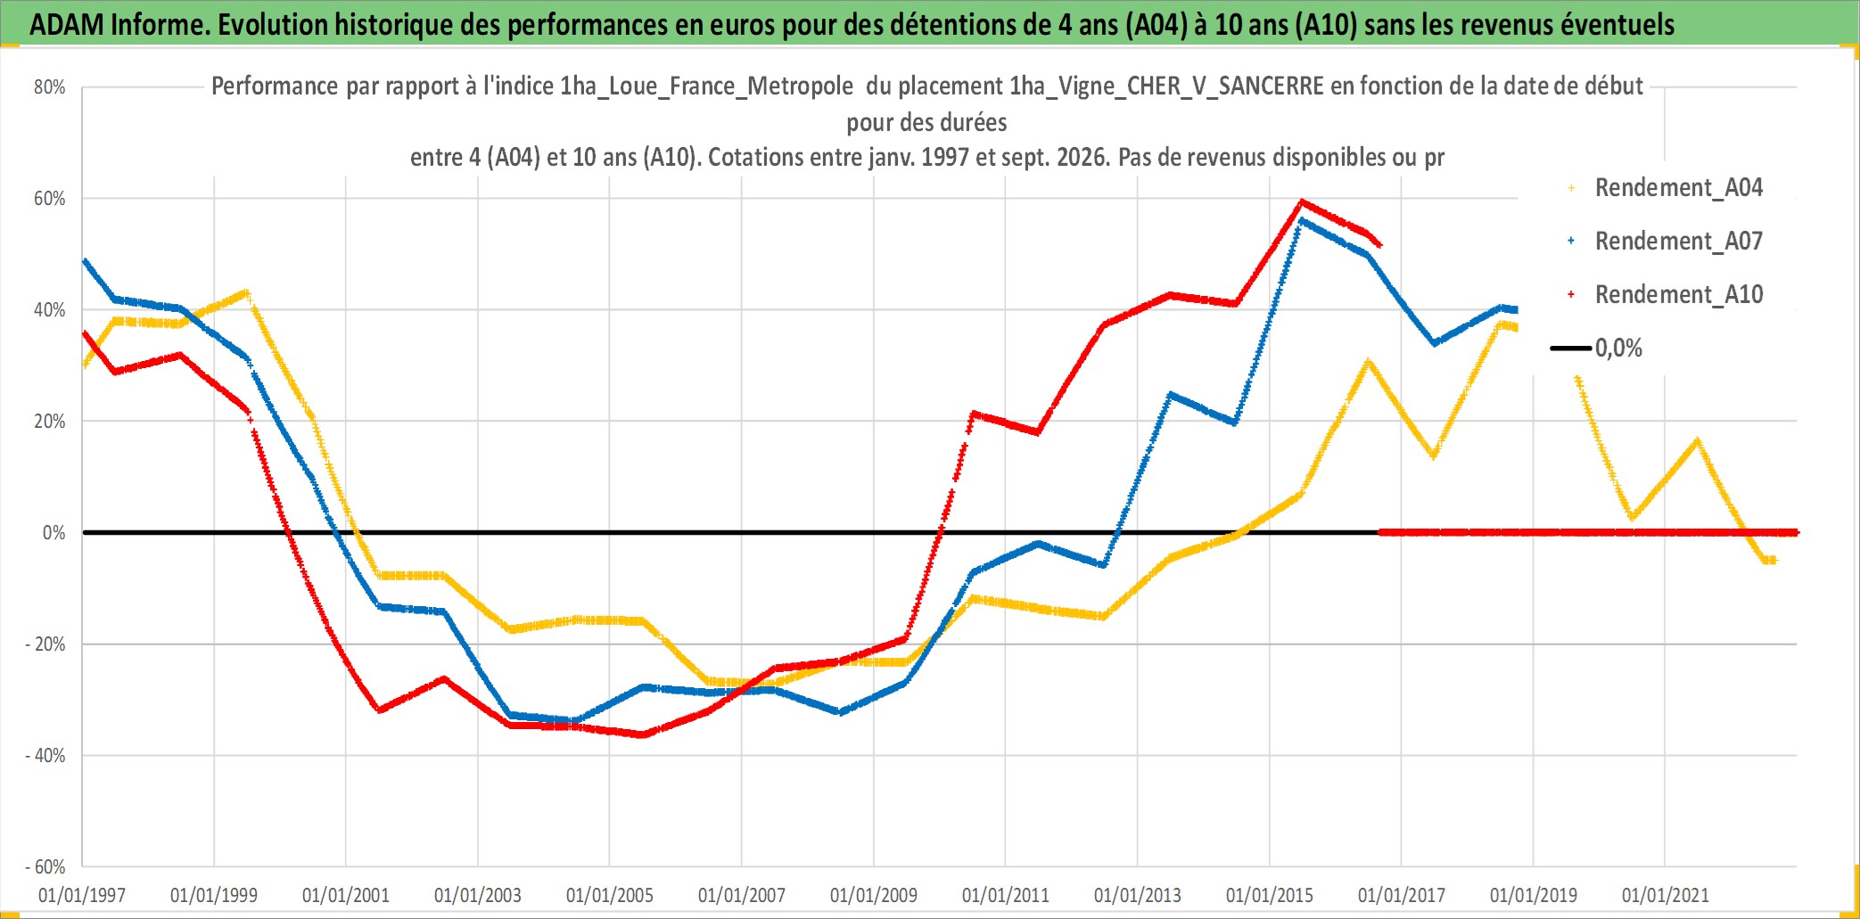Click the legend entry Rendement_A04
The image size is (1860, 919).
click(x=1666, y=188)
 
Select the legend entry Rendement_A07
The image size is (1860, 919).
click(x=1666, y=241)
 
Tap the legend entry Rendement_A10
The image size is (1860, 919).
click(x=1666, y=294)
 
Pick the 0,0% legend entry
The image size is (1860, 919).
click(x=1597, y=348)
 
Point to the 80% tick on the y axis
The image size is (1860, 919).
click(x=50, y=87)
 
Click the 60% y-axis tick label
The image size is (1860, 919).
click(x=50, y=199)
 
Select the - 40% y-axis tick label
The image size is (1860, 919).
click(x=45, y=756)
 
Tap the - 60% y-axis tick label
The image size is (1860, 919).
click(x=45, y=867)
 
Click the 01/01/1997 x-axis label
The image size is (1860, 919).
click(x=82, y=895)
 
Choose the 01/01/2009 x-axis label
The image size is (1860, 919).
click(x=874, y=895)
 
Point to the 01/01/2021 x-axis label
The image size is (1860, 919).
click(x=1666, y=895)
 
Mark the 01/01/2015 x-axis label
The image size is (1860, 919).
click(x=1270, y=895)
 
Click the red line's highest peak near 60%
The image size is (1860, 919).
click(x=1302, y=201)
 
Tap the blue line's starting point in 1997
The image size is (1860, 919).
click(x=85, y=261)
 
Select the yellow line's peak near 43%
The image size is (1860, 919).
click(x=246, y=292)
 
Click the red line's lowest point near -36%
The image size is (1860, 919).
click(x=643, y=734)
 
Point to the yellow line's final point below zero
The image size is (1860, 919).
click(x=1773, y=561)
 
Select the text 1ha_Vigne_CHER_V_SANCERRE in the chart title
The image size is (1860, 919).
click(x=1166, y=86)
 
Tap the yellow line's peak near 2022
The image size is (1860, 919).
click(x=1697, y=440)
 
